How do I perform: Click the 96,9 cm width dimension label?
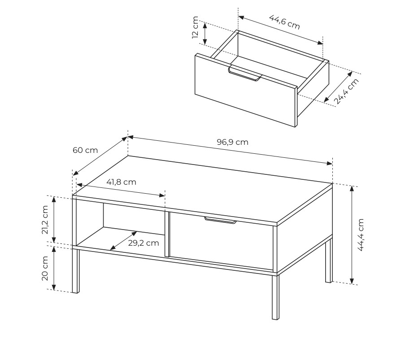pos(232,142)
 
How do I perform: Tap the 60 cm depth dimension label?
pos(85,150)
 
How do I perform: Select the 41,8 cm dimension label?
pos(121,182)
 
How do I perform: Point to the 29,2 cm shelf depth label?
pos(144,243)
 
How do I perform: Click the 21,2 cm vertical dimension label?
pos(45,220)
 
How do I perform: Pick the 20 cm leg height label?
pos(45,268)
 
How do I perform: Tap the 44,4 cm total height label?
pos(361,235)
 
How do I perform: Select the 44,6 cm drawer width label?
pos(284,22)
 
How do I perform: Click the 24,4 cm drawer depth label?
pos(347,91)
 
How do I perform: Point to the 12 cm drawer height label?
pos(195,27)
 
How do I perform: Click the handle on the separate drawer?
pos(245,74)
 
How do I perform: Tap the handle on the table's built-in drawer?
pos(220,220)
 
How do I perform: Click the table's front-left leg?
pos(75,271)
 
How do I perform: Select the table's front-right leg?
pos(275,297)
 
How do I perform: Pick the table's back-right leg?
pos(329,260)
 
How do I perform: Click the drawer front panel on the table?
pos(222,241)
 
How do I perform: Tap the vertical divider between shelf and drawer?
pos(167,234)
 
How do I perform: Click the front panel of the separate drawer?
pos(246,90)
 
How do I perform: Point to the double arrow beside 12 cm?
pos(205,33)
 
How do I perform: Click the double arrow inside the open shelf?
pos(123,241)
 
